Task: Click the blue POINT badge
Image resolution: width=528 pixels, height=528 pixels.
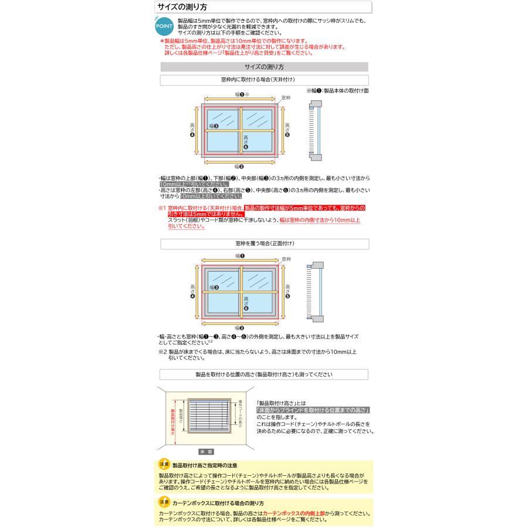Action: coord(163,26)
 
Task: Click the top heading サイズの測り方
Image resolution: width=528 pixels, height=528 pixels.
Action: coord(181,8)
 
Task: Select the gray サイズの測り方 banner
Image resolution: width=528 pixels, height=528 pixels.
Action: coord(264,67)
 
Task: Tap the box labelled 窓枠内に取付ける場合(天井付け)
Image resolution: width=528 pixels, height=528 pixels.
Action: coord(264,80)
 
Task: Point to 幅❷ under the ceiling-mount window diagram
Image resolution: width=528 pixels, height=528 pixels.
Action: coord(239,167)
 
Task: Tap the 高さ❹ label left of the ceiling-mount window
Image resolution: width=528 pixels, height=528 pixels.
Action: coord(192,129)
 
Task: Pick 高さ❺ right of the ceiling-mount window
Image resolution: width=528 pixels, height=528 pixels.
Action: coord(287,129)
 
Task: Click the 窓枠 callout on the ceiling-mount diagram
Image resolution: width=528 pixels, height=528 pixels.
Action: coord(286,97)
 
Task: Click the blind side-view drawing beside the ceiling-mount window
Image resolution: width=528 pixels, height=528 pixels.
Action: coord(315,130)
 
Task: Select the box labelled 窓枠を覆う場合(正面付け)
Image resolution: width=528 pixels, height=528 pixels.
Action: coord(264,243)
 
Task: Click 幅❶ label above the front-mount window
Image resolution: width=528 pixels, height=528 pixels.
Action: coord(239,256)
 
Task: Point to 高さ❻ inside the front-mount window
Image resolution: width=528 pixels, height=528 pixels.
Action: coord(246,303)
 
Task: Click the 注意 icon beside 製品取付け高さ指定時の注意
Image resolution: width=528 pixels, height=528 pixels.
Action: coord(164,465)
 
